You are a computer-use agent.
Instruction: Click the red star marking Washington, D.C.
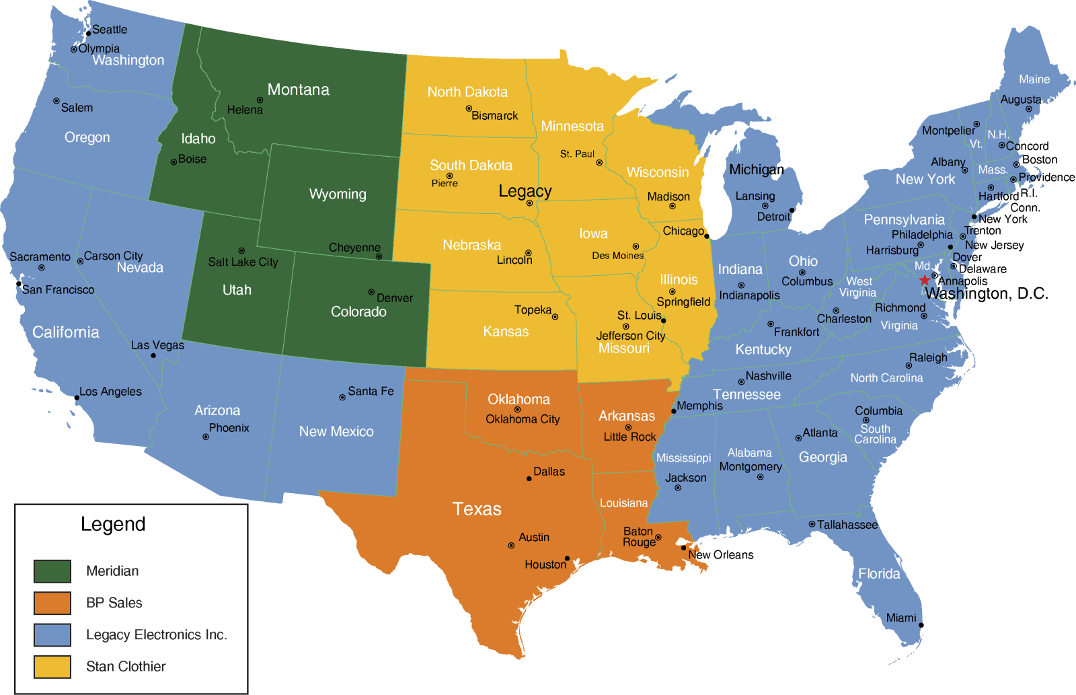click(x=925, y=280)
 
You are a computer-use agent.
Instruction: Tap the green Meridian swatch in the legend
click(x=52, y=571)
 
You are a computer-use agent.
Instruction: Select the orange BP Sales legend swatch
click(x=52, y=603)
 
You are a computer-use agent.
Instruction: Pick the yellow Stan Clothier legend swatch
click(x=52, y=667)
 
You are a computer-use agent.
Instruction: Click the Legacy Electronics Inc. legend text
click(x=156, y=634)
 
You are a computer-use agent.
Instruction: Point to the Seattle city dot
click(x=88, y=34)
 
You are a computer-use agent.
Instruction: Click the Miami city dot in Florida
click(x=921, y=625)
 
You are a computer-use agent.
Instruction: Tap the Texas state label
click(x=477, y=509)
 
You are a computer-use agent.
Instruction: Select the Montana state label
click(x=298, y=89)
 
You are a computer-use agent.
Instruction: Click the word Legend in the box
click(x=113, y=524)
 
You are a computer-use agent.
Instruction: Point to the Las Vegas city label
click(x=157, y=345)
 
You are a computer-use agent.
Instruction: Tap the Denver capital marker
click(x=371, y=292)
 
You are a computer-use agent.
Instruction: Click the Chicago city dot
click(x=707, y=236)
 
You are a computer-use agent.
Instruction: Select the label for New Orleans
click(x=720, y=555)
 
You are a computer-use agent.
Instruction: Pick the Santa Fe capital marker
click(x=342, y=398)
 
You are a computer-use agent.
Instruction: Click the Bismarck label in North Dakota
click(x=494, y=116)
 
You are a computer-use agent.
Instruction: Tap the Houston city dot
click(x=567, y=558)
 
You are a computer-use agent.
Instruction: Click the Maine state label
click(x=1034, y=79)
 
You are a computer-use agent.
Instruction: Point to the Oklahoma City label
click(x=523, y=419)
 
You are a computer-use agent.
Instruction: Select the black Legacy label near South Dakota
click(x=525, y=191)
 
